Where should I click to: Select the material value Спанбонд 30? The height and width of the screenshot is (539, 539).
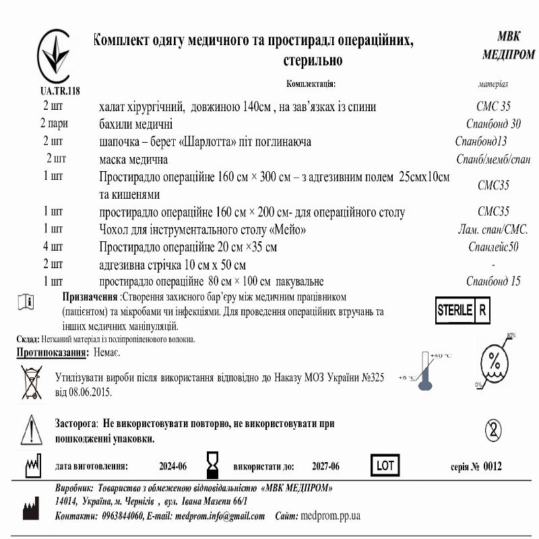(x=493, y=124)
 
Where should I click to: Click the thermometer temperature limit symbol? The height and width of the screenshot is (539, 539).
(x=424, y=371)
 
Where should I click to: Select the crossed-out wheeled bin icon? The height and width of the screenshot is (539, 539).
(x=31, y=382)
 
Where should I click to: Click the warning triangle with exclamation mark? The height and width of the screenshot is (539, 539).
(x=32, y=429)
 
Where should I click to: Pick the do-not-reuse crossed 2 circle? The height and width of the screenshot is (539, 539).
(x=494, y=429)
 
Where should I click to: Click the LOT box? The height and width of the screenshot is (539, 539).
(x=385, y=466)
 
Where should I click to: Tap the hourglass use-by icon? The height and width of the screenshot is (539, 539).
(x=213, y=465)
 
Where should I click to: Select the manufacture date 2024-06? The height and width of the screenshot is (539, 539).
(x=173, y=466)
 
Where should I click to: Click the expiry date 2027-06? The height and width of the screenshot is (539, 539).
(x=325, y=466)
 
